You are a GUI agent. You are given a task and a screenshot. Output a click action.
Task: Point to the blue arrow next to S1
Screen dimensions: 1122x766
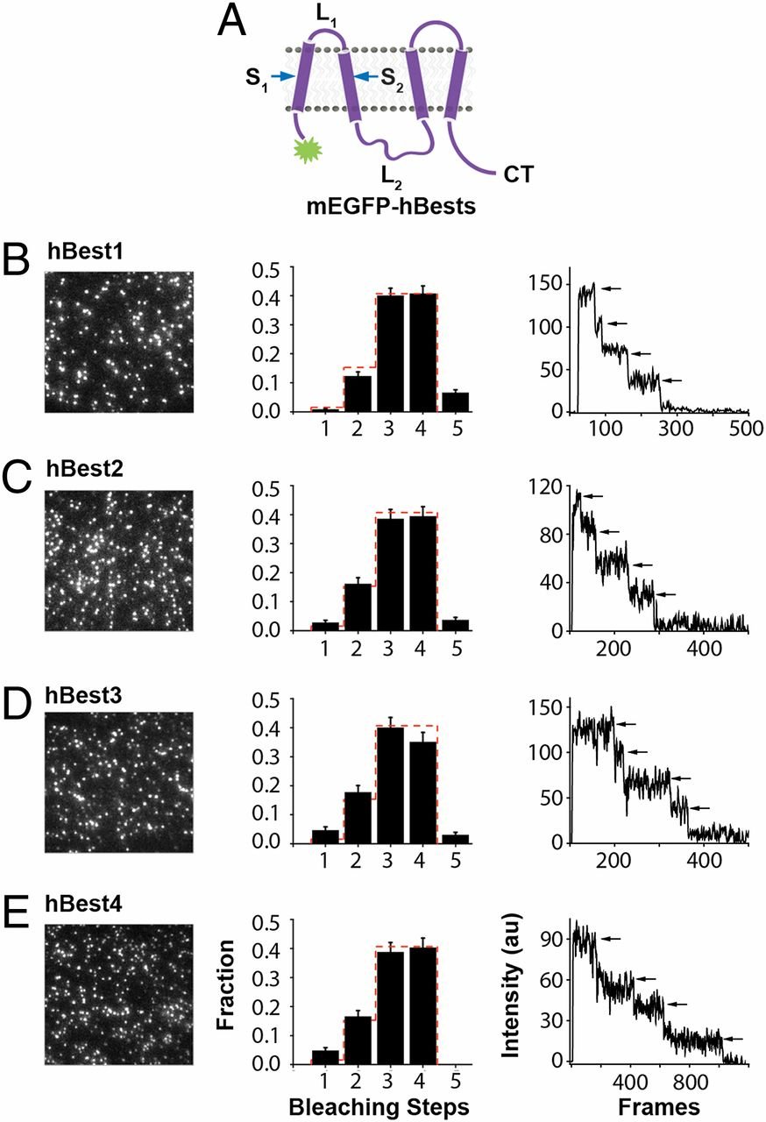pos(281,77)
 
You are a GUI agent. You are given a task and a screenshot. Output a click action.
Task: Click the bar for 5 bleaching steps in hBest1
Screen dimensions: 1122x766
pos(455,401)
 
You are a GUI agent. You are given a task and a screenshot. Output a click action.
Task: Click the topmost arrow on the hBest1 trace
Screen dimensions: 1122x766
pos(611,288)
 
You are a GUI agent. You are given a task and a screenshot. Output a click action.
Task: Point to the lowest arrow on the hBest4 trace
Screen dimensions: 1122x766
pos(731,1039)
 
